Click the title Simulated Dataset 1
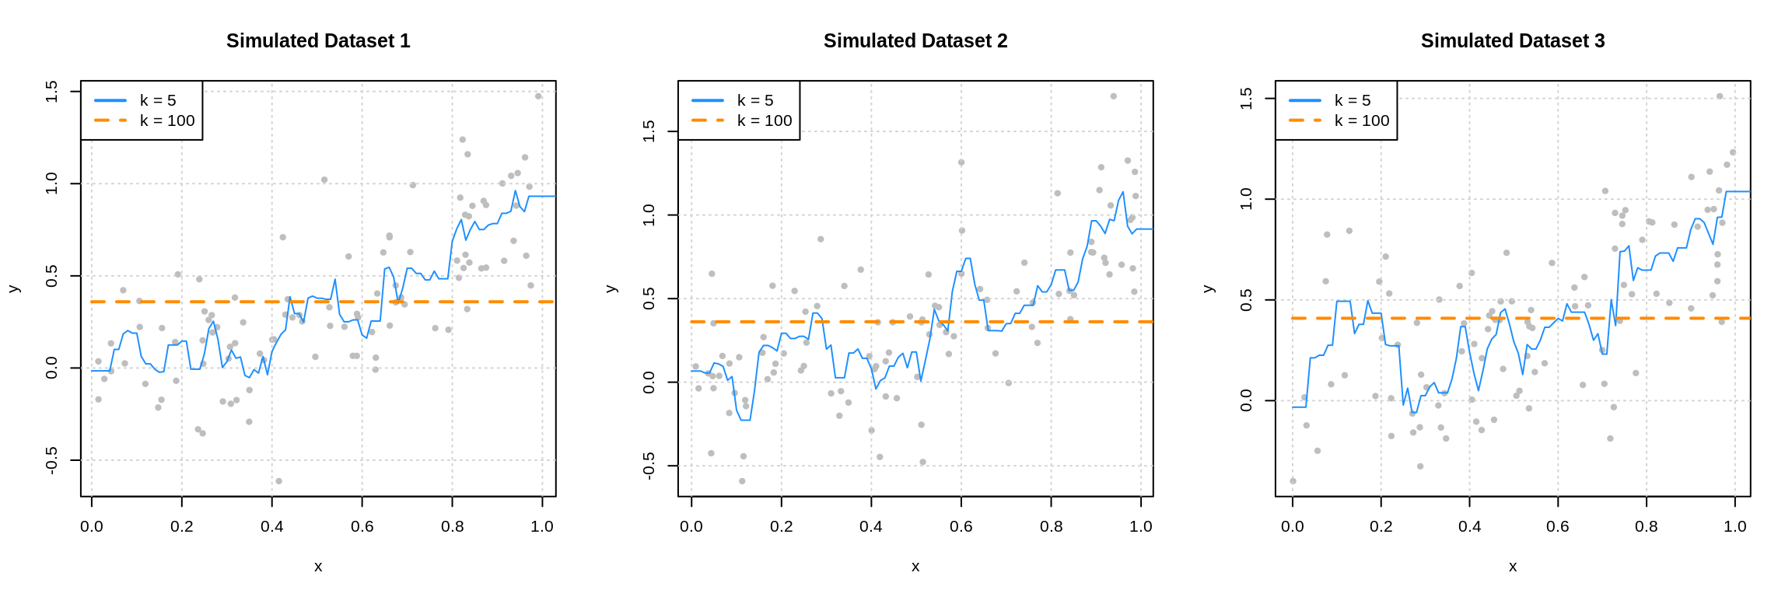tap(318, 41)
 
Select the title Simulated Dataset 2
tap(915, 41)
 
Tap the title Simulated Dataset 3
tap(1513, 41)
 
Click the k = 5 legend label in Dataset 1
tap(158, 100)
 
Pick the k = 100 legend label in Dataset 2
tap(765, 120)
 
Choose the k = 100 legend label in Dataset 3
tap(1362, 120)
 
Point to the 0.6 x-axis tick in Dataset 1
tap(362, 526)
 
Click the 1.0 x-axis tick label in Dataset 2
tap(1141, 526)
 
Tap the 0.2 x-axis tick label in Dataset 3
tap(1381, 526)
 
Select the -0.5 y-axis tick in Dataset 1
tap(52, 460)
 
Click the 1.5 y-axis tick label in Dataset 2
tap(649, 131)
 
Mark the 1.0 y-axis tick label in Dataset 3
tap(1247, 199)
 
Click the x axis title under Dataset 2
tap(915, 567)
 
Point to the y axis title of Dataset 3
tap(1209, 288)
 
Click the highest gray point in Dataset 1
tap(538, 96)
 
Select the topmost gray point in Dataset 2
tap(1114, 96)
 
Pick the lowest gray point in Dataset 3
tap(1293, 481)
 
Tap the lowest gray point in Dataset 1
tap(279, 481)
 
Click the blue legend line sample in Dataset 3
tap(1305, 100)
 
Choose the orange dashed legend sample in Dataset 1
tap(110, 120)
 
